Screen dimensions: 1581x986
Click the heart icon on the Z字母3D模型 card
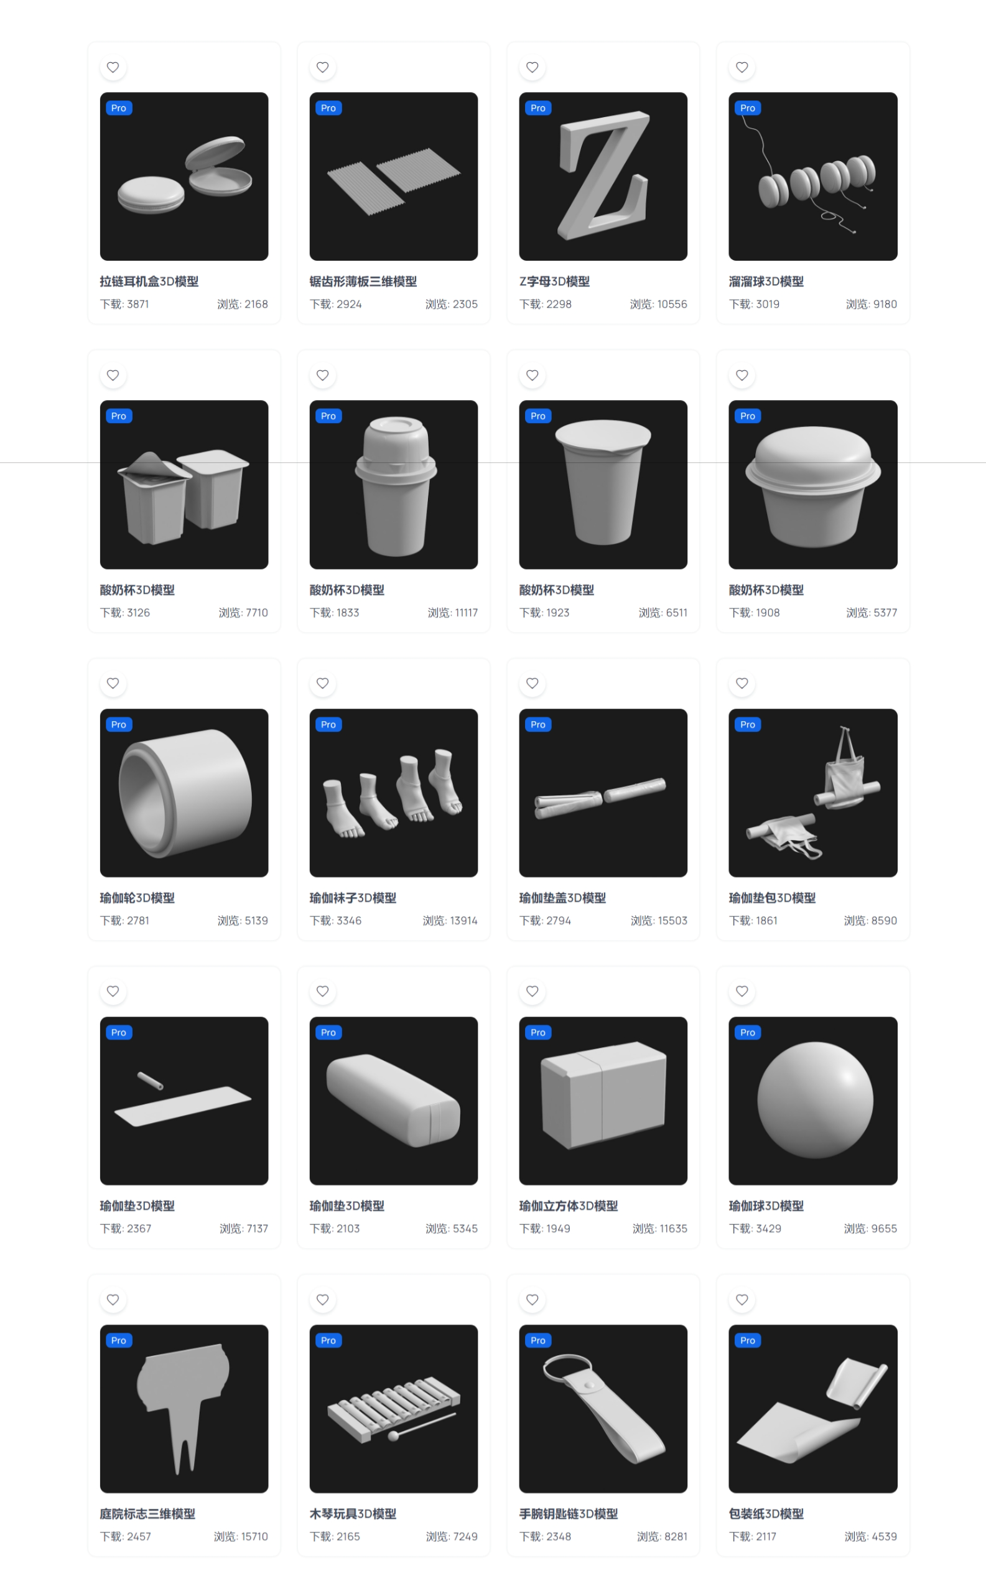(532, 67)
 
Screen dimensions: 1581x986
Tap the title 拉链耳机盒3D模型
(149, 282)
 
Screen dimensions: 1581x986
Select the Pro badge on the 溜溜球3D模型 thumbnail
(747, 108)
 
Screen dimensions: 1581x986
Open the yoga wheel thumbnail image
(184, 793)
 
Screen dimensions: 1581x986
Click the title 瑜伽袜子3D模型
(353, 898)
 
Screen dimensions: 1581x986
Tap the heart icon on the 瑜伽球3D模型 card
(742, 991)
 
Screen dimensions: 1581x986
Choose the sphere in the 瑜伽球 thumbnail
(814, 1100)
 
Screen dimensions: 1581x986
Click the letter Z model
(603, 175)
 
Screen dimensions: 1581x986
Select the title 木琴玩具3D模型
(353, 1514)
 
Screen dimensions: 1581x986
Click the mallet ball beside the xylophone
(393, 1436)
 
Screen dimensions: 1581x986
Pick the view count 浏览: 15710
(241, 1537)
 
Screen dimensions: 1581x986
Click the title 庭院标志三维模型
(147, 1514)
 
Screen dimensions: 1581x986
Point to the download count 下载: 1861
(753, 921)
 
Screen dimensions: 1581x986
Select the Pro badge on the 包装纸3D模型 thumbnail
(747, 1340)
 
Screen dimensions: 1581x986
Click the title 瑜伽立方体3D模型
(568, 1206)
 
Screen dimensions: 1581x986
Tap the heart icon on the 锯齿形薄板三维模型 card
(322, 67)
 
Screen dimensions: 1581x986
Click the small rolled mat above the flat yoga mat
(150, 1081)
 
